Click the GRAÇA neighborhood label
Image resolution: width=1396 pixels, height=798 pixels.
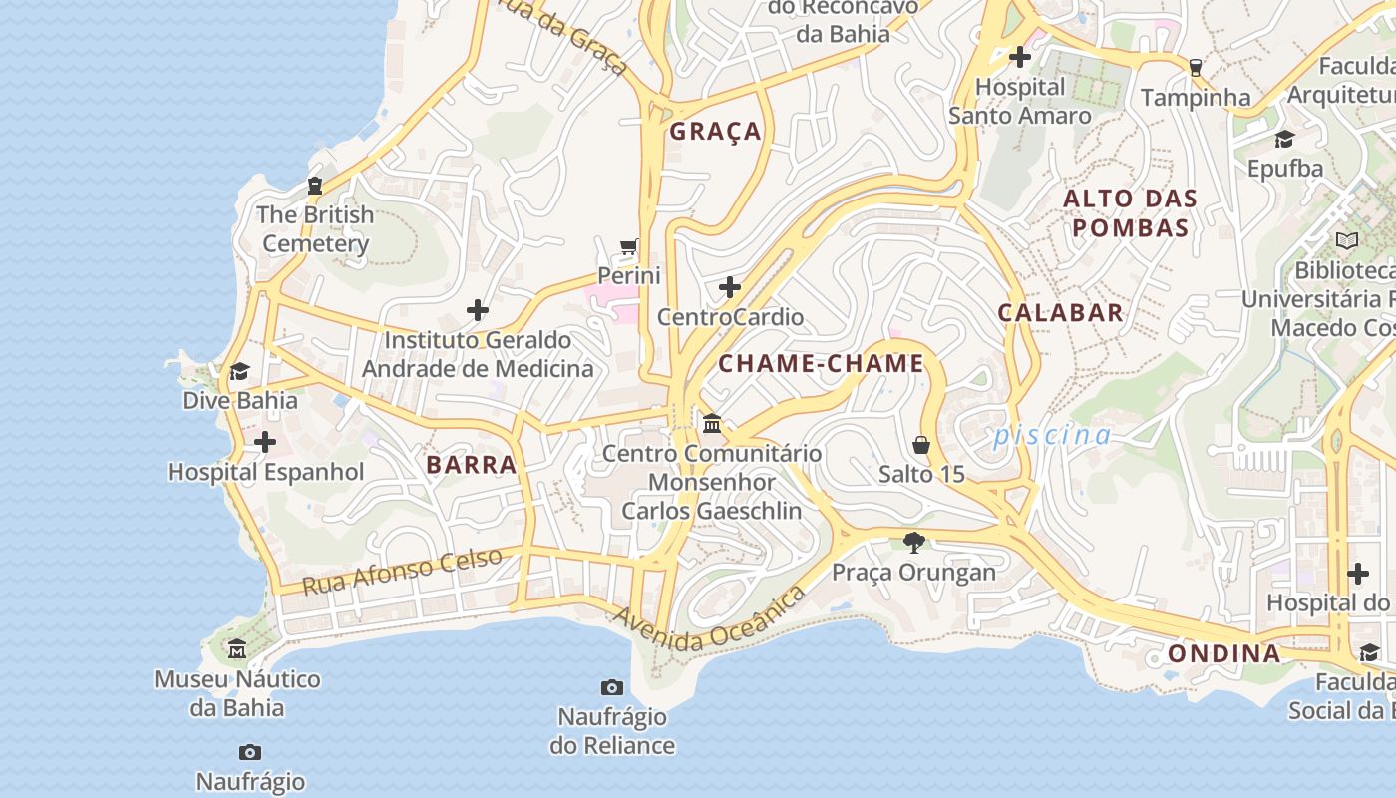click(715, 132)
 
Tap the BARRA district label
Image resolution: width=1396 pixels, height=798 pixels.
click(472, 465)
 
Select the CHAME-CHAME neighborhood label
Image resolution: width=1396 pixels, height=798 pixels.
click(822, 364)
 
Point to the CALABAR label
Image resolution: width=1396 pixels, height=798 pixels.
click(1061, 313)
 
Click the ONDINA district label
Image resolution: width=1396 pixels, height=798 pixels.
click(1223, 654)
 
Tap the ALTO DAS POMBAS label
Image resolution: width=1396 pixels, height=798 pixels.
click(1131, 213)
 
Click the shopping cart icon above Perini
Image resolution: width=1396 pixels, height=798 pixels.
click(629, 246)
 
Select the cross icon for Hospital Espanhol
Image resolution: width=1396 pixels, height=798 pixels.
click(265, 442)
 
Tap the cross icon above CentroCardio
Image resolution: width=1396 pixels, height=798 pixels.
click(730, 288)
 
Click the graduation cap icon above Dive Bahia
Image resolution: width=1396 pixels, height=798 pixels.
click(239, 372)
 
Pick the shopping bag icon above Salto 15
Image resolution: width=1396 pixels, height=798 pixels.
click(921, 445)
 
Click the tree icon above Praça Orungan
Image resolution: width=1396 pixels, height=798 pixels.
click(913, 543)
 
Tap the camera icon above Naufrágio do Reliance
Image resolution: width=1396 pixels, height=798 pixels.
click(612, 687)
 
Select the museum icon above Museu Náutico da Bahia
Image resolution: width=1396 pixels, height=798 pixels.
click(237, 650)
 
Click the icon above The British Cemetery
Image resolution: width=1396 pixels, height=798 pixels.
click(315, 186)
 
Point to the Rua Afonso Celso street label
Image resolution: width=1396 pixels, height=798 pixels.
click(402, 572)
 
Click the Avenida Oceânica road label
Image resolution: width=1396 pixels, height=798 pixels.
click(710, 620)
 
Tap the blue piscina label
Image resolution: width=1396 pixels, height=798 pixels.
click(1052, 436)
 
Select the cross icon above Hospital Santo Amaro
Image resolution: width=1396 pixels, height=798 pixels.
click(1019, 57)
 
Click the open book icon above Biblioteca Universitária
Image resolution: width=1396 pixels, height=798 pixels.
click(1347, 240)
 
